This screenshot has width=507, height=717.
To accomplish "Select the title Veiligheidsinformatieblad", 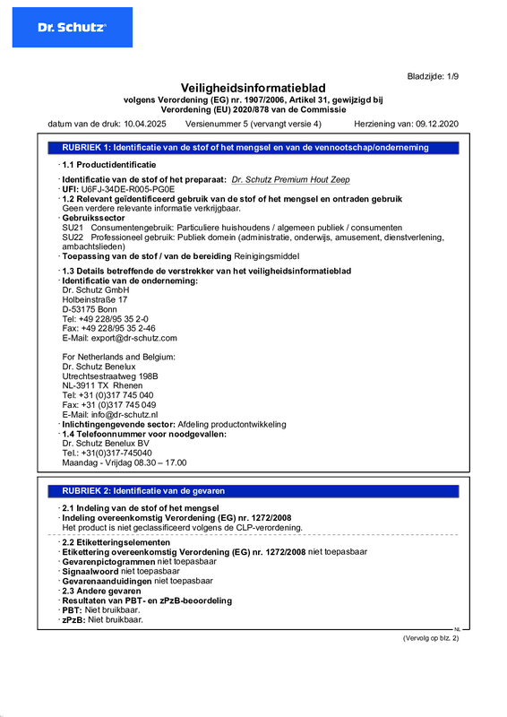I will click(x=253, y=88).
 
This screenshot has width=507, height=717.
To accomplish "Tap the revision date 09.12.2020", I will click(x=436, y=122).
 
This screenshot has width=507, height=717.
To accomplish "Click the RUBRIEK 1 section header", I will click(x=245, y=146).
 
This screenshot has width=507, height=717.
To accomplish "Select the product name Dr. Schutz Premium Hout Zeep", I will click(x=290, y=180).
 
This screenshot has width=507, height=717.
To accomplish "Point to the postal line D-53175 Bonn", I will click(x=90, y=309).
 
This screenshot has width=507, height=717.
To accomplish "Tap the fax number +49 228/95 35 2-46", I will click(x=111, y=328).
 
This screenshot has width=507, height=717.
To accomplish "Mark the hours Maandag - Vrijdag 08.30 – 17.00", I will click(x=124, y=462).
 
